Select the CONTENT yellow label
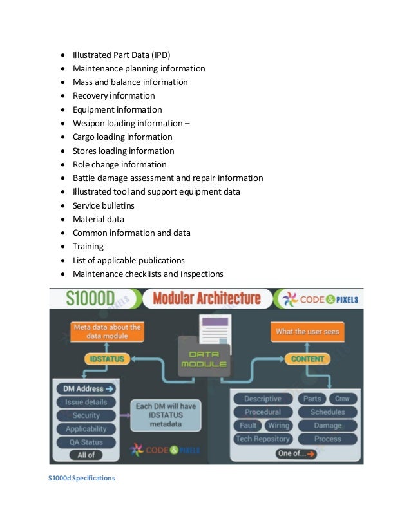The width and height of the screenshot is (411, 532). [x=307, y=359]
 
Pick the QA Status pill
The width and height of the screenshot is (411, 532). [x=86, y=442]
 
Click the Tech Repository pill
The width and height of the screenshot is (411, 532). [x=263, y=439]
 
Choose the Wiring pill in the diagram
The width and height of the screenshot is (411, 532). [x=278, y=426]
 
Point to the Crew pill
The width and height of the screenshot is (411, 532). [x=342, y=399]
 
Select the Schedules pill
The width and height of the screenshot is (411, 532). [x=327, y=412]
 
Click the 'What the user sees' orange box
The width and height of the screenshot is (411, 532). [x=307, y=332]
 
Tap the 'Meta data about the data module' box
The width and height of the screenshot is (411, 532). [x=106, y=332]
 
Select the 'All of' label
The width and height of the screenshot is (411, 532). [x=86, y=455]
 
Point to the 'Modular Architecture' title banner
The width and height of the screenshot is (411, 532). [x=207, y=299]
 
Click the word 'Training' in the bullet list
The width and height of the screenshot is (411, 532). [x=88, y=247]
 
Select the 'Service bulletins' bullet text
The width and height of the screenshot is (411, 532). [x=103, y=205]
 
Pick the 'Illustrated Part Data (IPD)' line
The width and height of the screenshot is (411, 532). [x=121, y=55]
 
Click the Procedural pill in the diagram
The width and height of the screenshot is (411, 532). [x=263, y=412]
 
